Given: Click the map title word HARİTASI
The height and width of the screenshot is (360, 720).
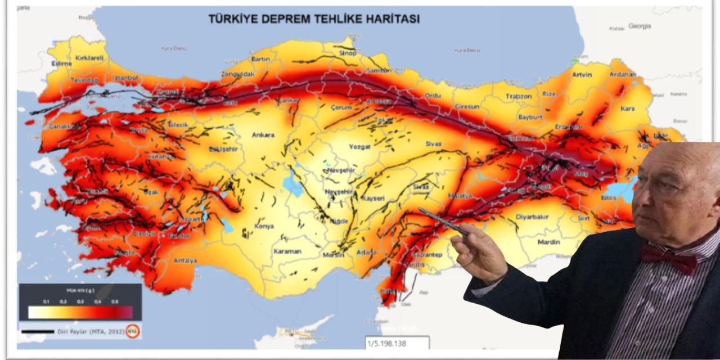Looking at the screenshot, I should (x=388, y=19).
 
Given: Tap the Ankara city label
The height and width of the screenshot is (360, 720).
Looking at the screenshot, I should (x=263, y=135).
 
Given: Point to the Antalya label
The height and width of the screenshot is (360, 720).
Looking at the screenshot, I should (x=185, y=260).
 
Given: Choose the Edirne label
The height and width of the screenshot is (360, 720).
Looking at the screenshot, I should (x=61, y=64).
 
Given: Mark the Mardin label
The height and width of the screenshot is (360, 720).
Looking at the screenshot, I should (x=548, y=242).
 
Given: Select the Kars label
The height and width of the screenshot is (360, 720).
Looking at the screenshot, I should (x=627, y=108).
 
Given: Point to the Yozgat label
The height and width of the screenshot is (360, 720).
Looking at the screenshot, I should (x=360, y=146).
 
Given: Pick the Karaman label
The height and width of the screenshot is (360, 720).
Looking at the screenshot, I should (x=287, y=251).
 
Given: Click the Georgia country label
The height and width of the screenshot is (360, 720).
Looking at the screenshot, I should (x=640, y=26).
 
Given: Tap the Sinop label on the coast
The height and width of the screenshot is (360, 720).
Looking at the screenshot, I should (x=348, y=53).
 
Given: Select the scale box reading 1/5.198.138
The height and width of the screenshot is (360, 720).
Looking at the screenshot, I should (x=397, y=343).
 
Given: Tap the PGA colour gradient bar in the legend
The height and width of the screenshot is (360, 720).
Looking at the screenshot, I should (x=80, y=313).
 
